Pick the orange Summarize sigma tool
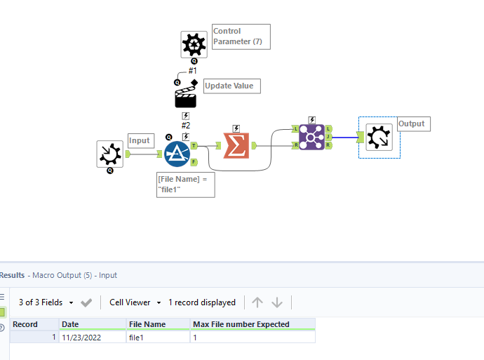point(236,145)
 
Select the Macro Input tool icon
point(110,154)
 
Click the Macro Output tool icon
point(379,138)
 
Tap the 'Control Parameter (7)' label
point(241,36)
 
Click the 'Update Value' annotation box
point(231,86)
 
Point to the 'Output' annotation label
point(412,124)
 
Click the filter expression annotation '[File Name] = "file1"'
point(185,185)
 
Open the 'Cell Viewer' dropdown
point(135,302)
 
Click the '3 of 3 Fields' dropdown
point(46,302)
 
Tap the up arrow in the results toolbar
point(257,302)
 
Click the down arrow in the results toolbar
point(277,302)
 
